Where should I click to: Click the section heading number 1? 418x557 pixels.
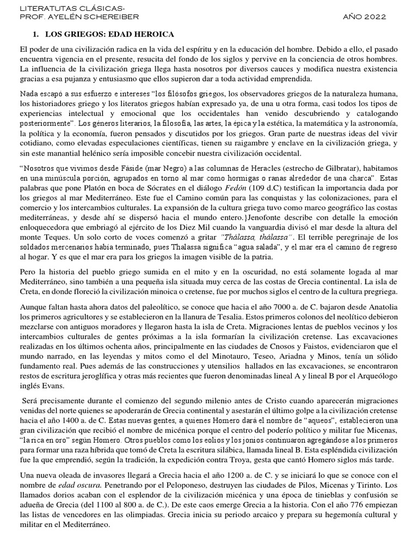click(x=36, y=34)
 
